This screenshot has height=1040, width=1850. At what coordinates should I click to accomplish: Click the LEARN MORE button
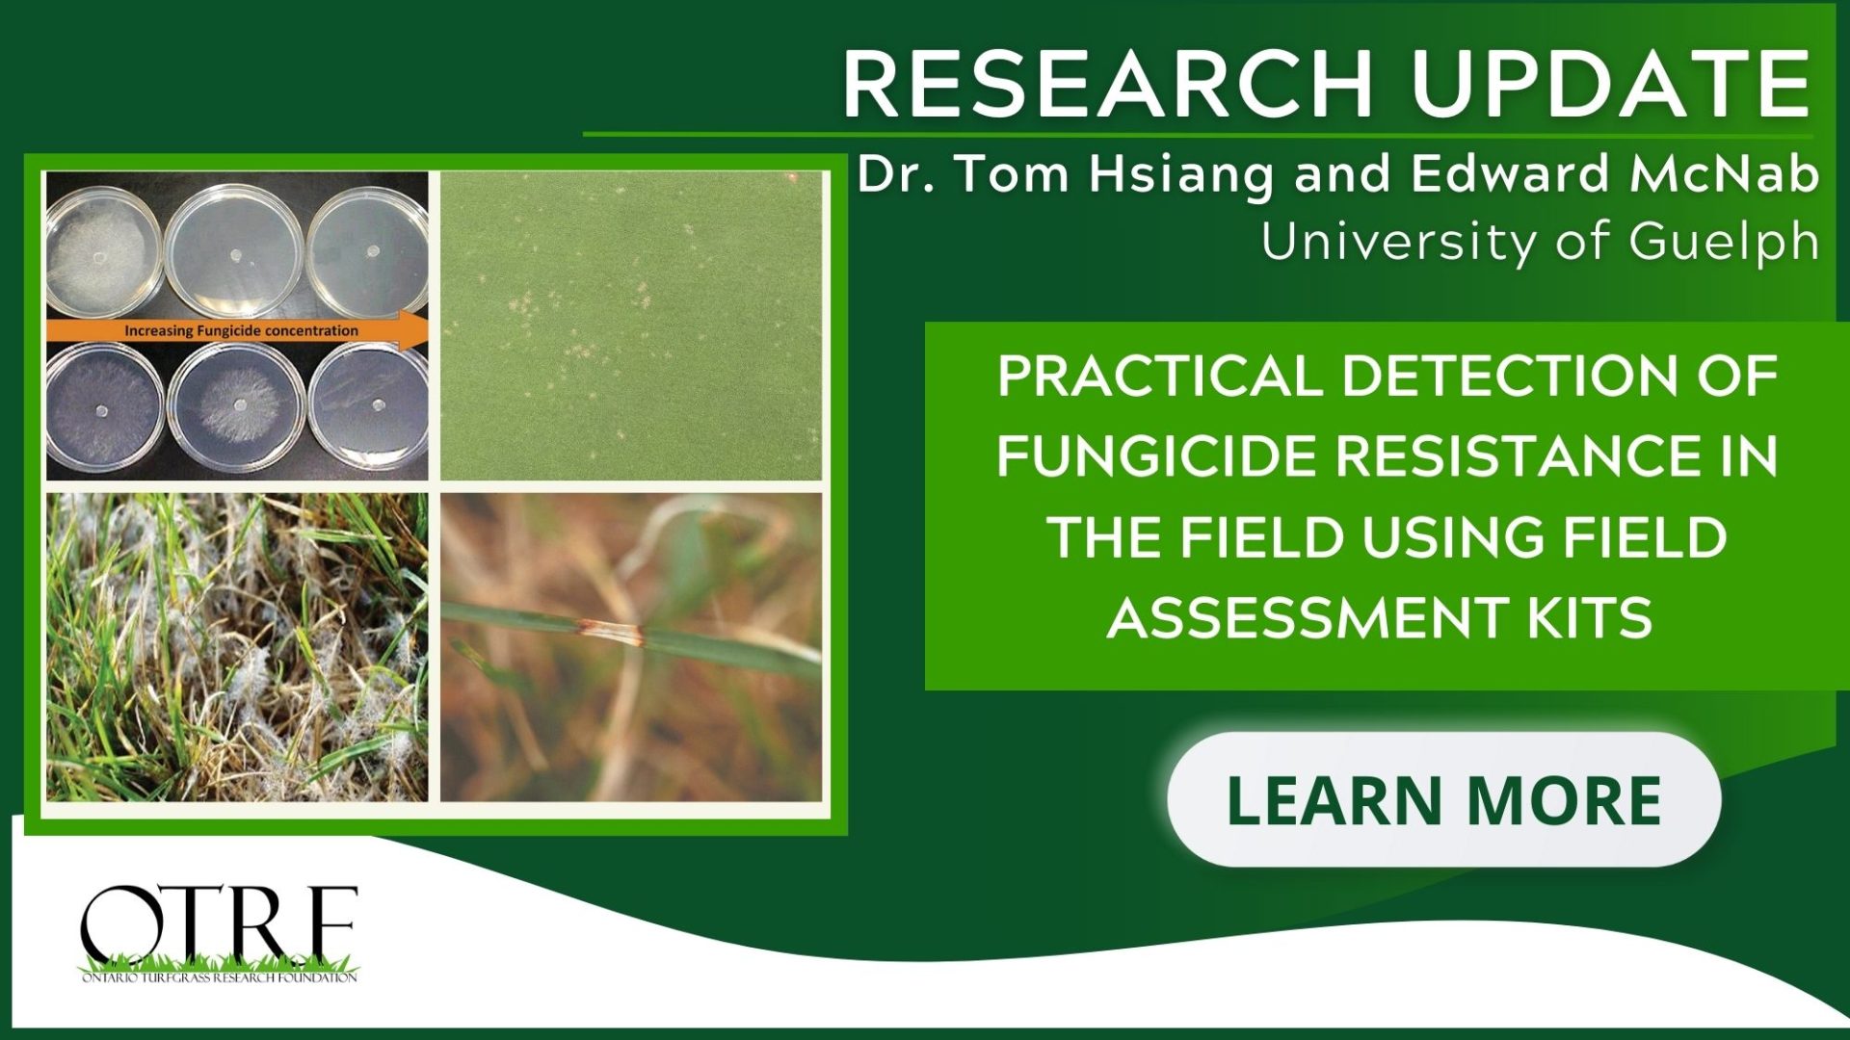pyautogui.click(x=1443, y=799)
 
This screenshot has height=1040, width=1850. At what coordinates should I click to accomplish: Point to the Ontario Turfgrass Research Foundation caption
pyautogui.click(x=219, y=977)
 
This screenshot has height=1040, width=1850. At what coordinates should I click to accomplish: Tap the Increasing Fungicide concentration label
pyautogui.click(x=241, y=330)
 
